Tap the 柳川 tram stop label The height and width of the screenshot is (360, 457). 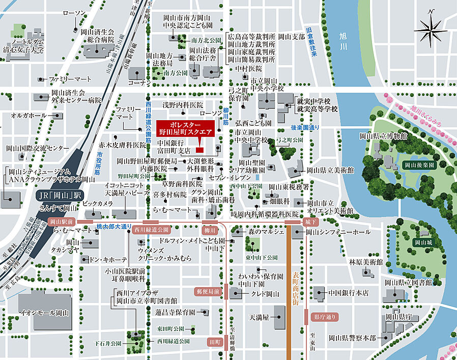[x=210, y=230]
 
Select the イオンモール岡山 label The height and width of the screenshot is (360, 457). [x=44, y=312]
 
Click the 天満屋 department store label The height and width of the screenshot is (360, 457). [x=259, y=317]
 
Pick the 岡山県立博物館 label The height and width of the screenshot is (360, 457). [x=383, y=136]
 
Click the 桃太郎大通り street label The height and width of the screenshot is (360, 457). [x=114, y=226]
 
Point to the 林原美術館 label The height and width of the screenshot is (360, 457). [x=365, y=262]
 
